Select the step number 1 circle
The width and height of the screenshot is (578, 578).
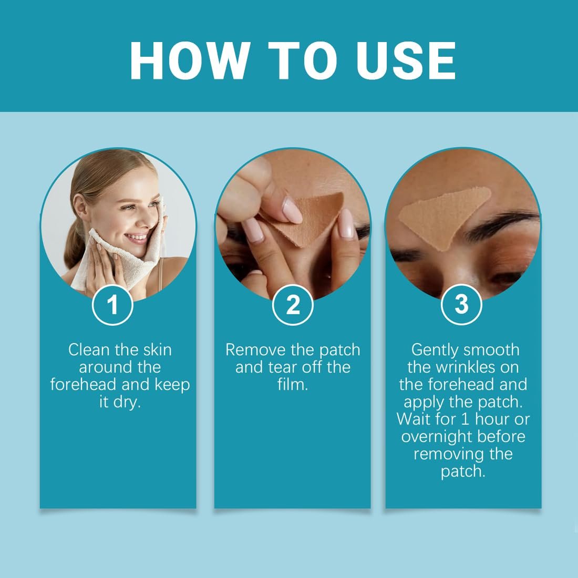tap(112, 305)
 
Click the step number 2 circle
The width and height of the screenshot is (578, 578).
tap(293, 305)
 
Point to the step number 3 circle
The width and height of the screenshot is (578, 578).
tap(461, 305)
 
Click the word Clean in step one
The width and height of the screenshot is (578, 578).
tap(89, 349)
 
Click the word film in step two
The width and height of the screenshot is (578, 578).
tap(292, 384)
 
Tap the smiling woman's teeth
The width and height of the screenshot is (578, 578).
tap(136, 236)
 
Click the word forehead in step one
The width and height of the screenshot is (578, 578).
tap(84, 384)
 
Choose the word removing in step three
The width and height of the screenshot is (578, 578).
tap(449, 454)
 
